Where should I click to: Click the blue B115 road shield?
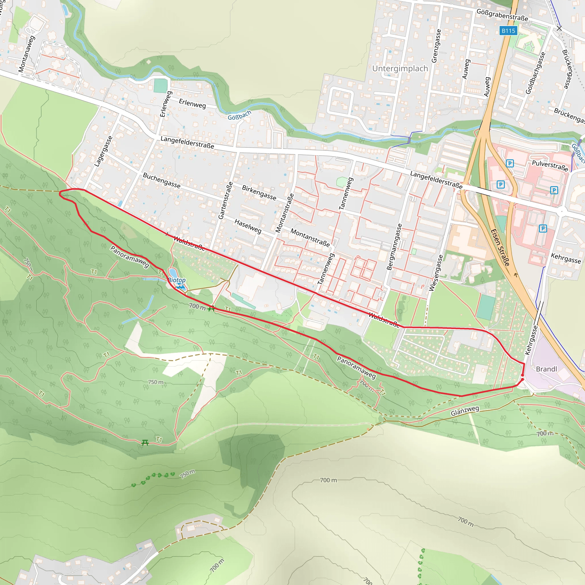coord(508,31)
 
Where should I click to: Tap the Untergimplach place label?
coord(400,69)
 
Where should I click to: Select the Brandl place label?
coord(546,369)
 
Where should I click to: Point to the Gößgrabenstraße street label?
coord(502,15)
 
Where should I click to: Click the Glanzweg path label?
coord(465,411)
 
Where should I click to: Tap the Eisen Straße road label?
coord(500,247)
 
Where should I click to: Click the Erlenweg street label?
coord(192,103)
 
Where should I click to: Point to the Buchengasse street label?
coord(161,181)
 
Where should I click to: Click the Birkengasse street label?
coord(259,193)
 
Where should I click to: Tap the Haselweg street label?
coord(248,226)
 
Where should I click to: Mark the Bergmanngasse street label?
coord(394,247)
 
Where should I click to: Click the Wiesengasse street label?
coord(436,273)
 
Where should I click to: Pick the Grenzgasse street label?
coord(436,46)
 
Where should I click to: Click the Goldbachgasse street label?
coord(535,73)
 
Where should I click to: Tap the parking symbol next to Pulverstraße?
coord(510,163)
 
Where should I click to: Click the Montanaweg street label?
coord(27,54)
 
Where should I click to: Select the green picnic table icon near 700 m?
coord(211,308)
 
